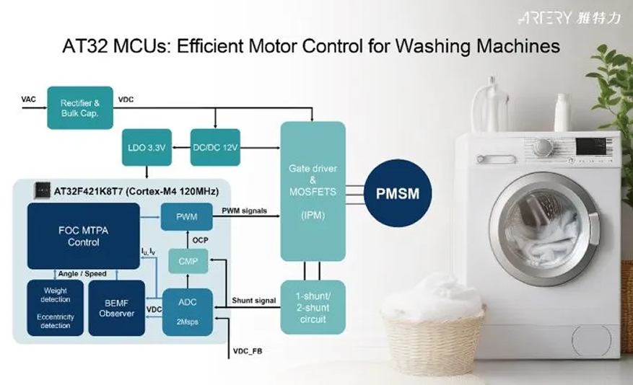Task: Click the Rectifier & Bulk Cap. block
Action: coord(80,108)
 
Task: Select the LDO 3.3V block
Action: coord(147,147)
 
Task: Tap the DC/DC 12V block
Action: coord(215,147)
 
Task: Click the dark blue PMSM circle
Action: coord(398,193)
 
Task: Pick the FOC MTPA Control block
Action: coord(84,236)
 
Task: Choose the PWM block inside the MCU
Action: coord(186,217)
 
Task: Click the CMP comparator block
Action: coord(188,261)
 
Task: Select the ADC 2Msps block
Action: coord(188,311)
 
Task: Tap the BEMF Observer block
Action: coord(117,308)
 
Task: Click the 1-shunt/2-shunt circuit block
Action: coord(313,307)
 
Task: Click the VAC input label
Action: coord(28,99)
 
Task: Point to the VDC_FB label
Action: coord(248,351)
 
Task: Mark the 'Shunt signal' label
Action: coord(254,301)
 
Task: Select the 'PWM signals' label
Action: coord(244,211)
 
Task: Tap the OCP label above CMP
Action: coord(200,240)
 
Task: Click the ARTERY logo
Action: coord(569,18)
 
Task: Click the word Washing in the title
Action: coord(433,46)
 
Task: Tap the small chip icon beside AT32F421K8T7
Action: coord(42,190)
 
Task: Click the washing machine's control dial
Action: coord(543,147)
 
